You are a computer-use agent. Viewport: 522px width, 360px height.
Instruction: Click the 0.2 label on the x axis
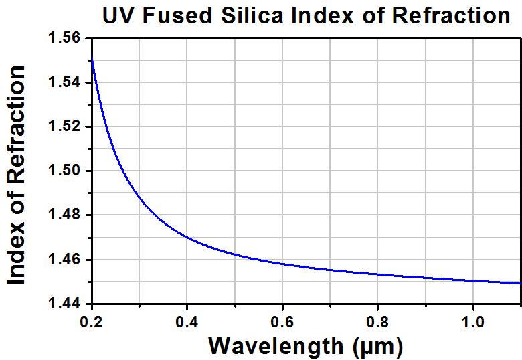pos(91,322)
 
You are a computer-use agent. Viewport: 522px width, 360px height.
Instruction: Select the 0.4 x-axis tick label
pos(187,322)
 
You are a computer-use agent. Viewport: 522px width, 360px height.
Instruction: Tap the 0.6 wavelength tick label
pos(282,322)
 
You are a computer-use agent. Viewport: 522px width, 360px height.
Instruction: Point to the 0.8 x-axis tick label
pos(377,322)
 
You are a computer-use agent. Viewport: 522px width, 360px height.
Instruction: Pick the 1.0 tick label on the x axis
pos(472,322)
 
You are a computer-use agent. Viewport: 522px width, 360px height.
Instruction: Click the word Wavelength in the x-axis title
pos(276,346)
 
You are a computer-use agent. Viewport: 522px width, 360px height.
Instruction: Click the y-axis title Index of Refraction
pos(16,175)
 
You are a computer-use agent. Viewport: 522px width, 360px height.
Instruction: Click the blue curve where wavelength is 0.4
pos(187,238)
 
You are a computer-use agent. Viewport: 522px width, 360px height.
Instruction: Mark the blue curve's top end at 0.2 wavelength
pos(92,54)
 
